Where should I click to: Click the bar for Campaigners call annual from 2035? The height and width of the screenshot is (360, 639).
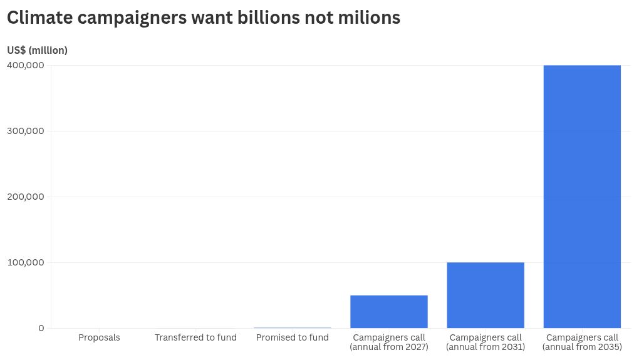pos(582,196)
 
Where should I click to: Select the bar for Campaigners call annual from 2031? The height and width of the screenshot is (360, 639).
pos(486,295)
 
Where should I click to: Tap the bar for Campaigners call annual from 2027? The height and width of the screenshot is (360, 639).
pos(389,311)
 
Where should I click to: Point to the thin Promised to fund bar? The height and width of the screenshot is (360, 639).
pos(293,327)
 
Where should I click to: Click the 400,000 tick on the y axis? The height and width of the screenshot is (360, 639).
pos(26,65)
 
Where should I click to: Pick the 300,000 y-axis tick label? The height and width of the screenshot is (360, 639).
pos(26,131)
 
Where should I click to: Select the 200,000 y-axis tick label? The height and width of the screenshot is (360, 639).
pos(26,197)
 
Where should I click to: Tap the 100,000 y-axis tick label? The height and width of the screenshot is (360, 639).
pos(26,262)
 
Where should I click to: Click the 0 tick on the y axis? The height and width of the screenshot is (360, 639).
pos(41,328)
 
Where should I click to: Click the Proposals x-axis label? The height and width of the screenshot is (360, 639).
pos(99,337)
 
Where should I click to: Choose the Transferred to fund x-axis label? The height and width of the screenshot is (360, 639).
pos(195,337)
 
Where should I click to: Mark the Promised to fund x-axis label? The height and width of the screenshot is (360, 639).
pos(293,337)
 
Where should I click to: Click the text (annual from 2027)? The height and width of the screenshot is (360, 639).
pos(389,347)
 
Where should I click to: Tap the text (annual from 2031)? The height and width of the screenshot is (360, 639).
pos(486,347)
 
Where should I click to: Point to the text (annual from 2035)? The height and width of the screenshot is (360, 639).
pos(582,347)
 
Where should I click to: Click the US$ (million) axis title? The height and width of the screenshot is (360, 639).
pos(37,51)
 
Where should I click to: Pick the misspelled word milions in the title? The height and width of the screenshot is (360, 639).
pos(369,18)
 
